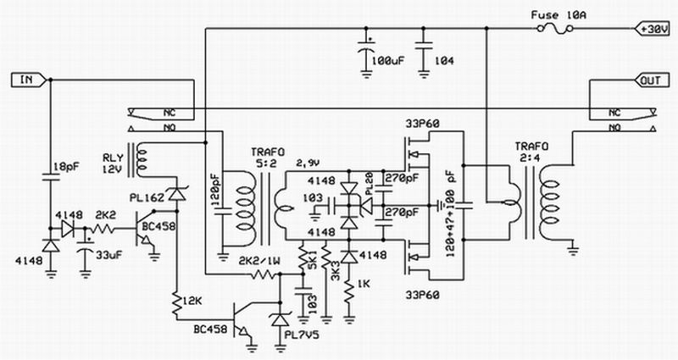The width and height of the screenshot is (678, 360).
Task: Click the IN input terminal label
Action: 26,80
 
